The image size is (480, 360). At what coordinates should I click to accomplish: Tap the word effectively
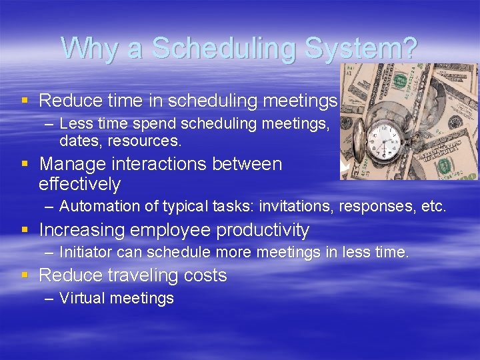(x=79, y=184)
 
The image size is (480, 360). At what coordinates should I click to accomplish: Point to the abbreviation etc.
(x=432, y=207)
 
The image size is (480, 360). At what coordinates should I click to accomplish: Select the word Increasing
(x=79, y=231)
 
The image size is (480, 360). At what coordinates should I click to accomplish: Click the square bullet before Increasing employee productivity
(x=25, y=231)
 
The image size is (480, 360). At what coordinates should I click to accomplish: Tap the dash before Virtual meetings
(x=49, y=298)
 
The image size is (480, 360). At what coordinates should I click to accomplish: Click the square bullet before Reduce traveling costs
(x=25, y=275)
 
